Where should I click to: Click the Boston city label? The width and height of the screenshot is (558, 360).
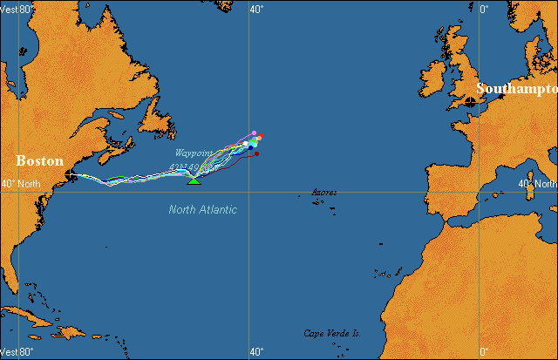tap(40, 161)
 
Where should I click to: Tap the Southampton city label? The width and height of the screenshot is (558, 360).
tap(516, 89)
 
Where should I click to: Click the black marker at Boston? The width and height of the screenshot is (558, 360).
tap(70, 175)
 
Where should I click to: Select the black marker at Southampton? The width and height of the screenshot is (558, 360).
tap(471, 102)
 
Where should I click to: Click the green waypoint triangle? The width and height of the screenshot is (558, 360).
tap(194, 180)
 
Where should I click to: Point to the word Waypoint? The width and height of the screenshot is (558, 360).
tap(193, 153)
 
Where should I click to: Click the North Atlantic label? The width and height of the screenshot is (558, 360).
tap(202, 209)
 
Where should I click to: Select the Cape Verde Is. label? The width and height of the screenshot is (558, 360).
tap(332, 333)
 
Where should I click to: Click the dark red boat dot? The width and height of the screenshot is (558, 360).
tap(256, 153)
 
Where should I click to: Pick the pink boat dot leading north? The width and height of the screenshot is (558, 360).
tap(254, 132)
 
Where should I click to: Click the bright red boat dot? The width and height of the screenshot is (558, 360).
tap(259, 137)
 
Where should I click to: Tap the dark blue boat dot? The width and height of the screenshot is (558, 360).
tap(251, 147)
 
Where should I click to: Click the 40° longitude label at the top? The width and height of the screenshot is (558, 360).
tap(256, 9)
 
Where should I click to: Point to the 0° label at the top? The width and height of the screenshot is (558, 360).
tap(484, 9)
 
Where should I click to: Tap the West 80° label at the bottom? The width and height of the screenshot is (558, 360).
tap(17, 352)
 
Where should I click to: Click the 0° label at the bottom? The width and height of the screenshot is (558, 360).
tap(484, 352)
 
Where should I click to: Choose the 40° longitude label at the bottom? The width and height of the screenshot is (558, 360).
tap(256, 352)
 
